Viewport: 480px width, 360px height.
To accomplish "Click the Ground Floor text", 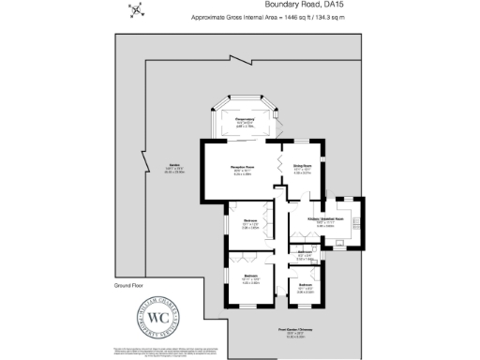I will [x=127, y=284].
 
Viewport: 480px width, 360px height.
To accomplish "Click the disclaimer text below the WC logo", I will [x=150, y=350].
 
